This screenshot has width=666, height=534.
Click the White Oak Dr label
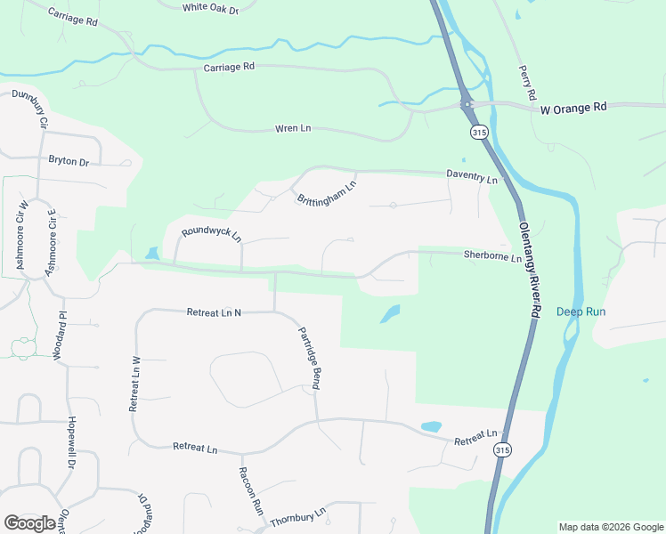pyautogui.click(x=211, y=8)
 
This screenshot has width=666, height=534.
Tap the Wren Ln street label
pyautogui.click(x=293, y=129)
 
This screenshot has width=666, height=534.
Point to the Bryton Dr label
pyautogui.click(x=69, y=162)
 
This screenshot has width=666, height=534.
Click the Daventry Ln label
pyautogui.click(x=472, y=179)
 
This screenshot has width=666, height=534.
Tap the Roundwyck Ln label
pyautogui.click(x=211, y=235)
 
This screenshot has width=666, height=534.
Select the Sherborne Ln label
pyautogui.click(x=491, y=257)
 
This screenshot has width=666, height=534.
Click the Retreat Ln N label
pyautogui.click(x=214, y=312)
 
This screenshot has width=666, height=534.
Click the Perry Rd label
pyautogui.click(x=527, y=82)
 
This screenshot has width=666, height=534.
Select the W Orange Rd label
pyautogui.click(x=573, y=108)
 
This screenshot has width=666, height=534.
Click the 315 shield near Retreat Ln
pyautogui.click(x=503, y=450)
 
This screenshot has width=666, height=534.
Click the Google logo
pyautogui.click(x=30, y=523)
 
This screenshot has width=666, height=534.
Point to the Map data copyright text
pyautogui.click(x=610, y=527)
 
